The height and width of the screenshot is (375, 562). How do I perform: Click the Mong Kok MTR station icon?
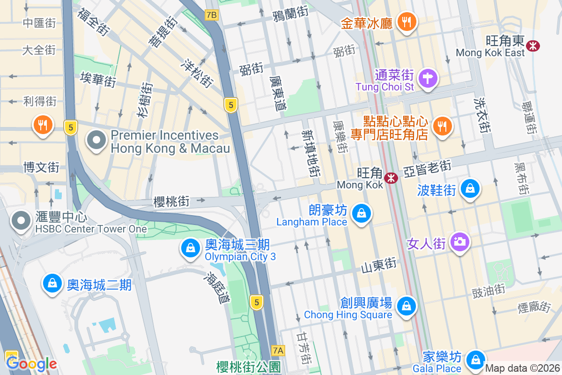(x=391, y=178)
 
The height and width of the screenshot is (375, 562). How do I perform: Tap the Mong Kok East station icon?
(x=532, y=45)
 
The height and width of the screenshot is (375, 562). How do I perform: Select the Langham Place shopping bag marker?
(x=361, y=214)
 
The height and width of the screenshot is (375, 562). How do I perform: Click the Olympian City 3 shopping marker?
(x=191, y=248)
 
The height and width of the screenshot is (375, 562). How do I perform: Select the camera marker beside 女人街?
(x=460, y=242)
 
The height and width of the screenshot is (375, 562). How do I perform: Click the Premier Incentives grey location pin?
(x=96, y=140)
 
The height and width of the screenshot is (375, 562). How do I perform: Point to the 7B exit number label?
(x=211, y=15)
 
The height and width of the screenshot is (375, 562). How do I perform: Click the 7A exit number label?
(x=278, y=350)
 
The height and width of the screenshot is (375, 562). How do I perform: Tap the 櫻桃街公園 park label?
(x=248, y=367)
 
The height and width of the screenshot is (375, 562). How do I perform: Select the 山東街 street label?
(x=378, y=266)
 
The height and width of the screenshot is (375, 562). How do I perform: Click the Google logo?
(x=31, y=363)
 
